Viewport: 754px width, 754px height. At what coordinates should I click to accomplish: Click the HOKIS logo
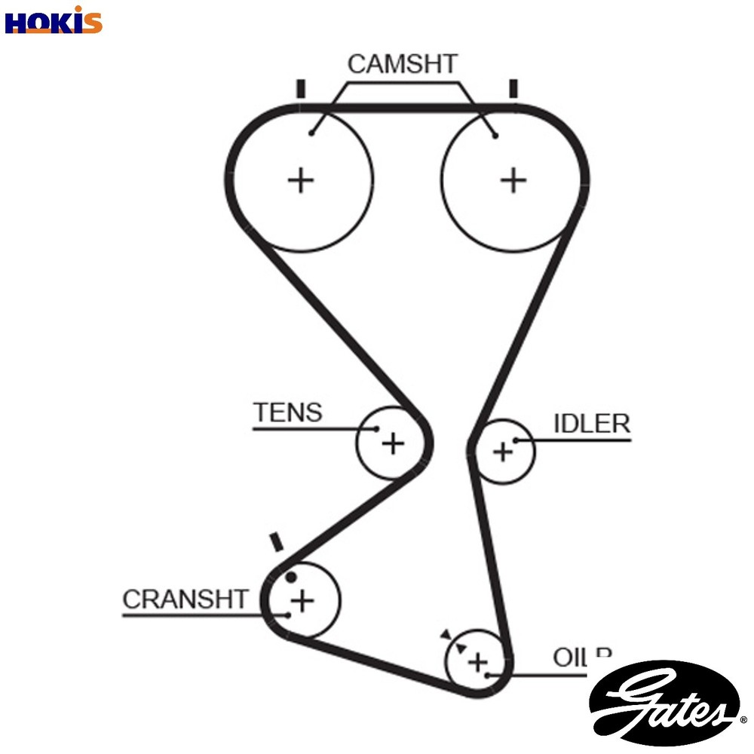tap(53, 20)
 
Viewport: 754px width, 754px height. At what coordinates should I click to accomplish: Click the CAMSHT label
tap(402, 64)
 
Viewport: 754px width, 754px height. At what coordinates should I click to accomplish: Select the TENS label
tap(287, 412)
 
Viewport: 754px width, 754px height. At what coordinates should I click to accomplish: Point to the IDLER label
tap(592, 424)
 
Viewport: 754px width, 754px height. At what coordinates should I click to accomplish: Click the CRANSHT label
tap(185, 599)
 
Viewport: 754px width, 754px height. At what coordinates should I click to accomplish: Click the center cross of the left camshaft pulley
tap(301, 180)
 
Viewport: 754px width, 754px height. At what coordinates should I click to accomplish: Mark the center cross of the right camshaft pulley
tap(513, 180)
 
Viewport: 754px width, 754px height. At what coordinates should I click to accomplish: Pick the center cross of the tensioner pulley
tap(392, 443)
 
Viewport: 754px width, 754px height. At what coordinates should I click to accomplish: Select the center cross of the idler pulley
tap(502, 452)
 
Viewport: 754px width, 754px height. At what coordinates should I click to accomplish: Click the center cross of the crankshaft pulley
tap(302, 601)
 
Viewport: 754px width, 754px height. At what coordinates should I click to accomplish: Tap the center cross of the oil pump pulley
tap(477, 663)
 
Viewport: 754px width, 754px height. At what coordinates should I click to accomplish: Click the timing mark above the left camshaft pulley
tap(301, 88)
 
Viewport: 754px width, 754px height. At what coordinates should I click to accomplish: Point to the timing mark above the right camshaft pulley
tap(513, 88)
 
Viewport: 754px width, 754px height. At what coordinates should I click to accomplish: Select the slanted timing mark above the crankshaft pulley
tap(276, 541)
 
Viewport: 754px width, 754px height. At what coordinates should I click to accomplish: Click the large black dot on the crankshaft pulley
tap(292, 578)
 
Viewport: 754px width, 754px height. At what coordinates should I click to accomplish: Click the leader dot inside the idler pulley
tap(516, 440)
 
